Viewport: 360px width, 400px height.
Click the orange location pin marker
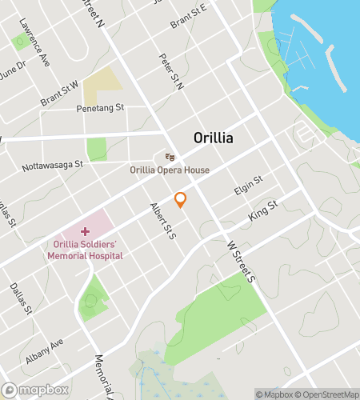181,200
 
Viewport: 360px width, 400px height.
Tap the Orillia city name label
214,138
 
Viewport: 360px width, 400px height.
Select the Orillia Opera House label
170,170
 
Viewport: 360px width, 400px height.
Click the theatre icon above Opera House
169,157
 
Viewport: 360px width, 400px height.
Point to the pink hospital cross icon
85,230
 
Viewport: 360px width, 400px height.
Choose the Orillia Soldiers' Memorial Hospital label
85,250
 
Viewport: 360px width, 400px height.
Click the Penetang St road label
100,107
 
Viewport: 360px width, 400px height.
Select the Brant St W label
59,93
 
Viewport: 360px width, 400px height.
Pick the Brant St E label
188,13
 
